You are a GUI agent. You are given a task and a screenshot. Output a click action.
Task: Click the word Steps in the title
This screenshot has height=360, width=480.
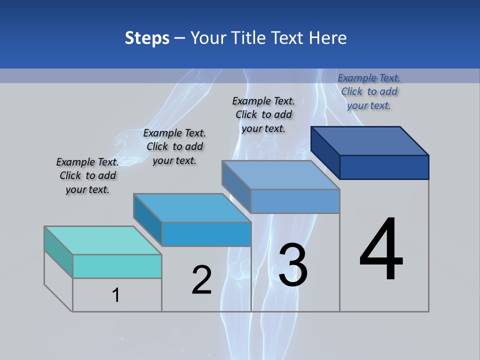coord(147,38)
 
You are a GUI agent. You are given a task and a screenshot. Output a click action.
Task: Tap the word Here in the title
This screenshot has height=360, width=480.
coord(328,38)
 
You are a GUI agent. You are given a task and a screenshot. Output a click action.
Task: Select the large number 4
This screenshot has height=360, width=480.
coord(381,250)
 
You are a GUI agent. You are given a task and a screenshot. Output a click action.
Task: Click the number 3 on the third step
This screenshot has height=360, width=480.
coord(293,265)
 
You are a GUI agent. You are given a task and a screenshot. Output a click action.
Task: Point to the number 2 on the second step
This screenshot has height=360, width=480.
coord(202,280)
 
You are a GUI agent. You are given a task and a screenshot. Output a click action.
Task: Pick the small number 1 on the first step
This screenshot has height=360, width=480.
coord(116,295)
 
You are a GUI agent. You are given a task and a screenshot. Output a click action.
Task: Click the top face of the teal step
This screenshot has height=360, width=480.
coord(102,240)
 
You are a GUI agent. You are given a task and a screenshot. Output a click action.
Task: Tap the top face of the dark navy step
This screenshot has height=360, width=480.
coord(370,141)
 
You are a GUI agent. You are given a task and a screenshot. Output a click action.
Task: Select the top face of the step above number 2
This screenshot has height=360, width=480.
coord(192,207)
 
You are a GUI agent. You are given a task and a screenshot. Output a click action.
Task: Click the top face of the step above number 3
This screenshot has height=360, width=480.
coord(281,175)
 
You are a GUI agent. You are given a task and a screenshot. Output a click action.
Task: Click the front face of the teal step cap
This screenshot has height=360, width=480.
coord(117,266)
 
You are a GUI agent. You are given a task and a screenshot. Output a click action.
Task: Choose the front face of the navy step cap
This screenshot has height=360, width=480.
coord(384,167)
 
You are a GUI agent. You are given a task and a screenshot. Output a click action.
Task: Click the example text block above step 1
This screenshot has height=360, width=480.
coord(87,175)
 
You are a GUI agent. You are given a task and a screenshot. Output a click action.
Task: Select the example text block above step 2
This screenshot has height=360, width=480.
coord(174,146)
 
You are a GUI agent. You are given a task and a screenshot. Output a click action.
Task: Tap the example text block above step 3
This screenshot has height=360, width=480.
coord(263,114)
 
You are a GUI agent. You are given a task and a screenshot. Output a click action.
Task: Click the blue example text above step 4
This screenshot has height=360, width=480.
coord(369,91)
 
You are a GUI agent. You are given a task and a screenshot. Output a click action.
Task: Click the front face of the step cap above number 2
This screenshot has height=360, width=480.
coord(206,234)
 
